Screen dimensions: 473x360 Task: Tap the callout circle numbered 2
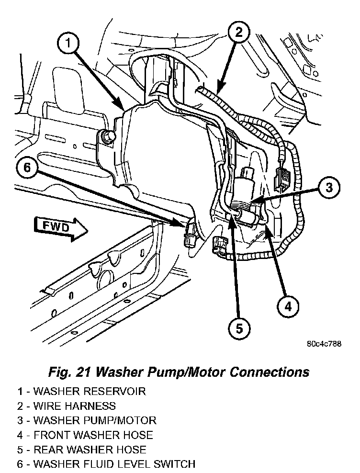pyautogui.click(x=238, y=32)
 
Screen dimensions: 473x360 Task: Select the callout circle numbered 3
pyautogui.click(x=328, y=187)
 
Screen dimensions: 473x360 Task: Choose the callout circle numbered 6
pyautogui.click(x=27, y=167)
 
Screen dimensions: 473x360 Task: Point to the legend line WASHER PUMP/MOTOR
pyautogui.click(x=87, y=420)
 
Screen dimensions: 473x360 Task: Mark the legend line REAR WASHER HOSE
pyautogui.click(x=82, y=450)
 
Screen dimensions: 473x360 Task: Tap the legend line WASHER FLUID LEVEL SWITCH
pyautogui.click(x=106, y=464)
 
